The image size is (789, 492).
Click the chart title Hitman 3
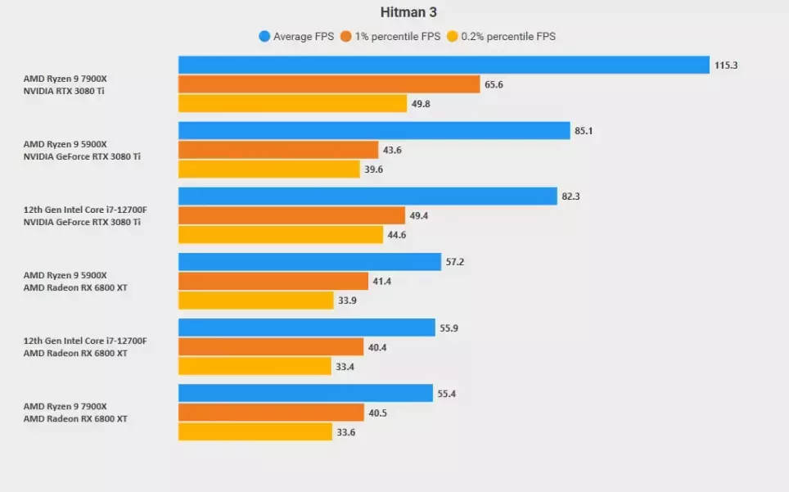point(403,12)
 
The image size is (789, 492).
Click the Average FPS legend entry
point(296,36)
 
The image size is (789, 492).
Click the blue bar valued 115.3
point(444,65)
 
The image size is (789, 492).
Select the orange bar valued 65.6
point(329,84)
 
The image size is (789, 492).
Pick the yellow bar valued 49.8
point(292,104)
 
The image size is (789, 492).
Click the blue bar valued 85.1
point(374,130)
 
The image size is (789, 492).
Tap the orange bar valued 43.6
point(278,150)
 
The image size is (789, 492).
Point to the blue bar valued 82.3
point(367,196)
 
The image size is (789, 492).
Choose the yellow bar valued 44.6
point(281,235)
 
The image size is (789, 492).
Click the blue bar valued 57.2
point(309,262)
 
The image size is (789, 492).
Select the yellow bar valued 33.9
point(255,300)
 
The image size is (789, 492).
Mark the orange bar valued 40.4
point(270,347)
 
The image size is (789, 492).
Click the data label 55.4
point(447,394)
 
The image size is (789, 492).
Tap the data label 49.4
point(420,215)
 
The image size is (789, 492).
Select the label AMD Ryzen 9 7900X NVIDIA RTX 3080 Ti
point(65,84)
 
